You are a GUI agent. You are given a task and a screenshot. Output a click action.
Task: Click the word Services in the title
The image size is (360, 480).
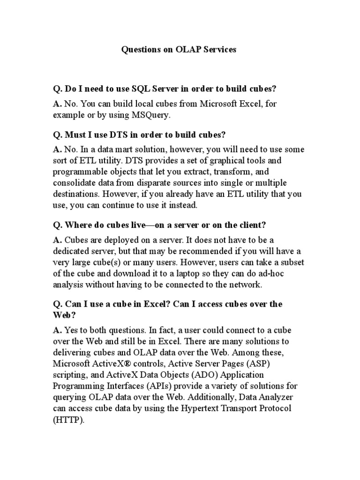[219, 49]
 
